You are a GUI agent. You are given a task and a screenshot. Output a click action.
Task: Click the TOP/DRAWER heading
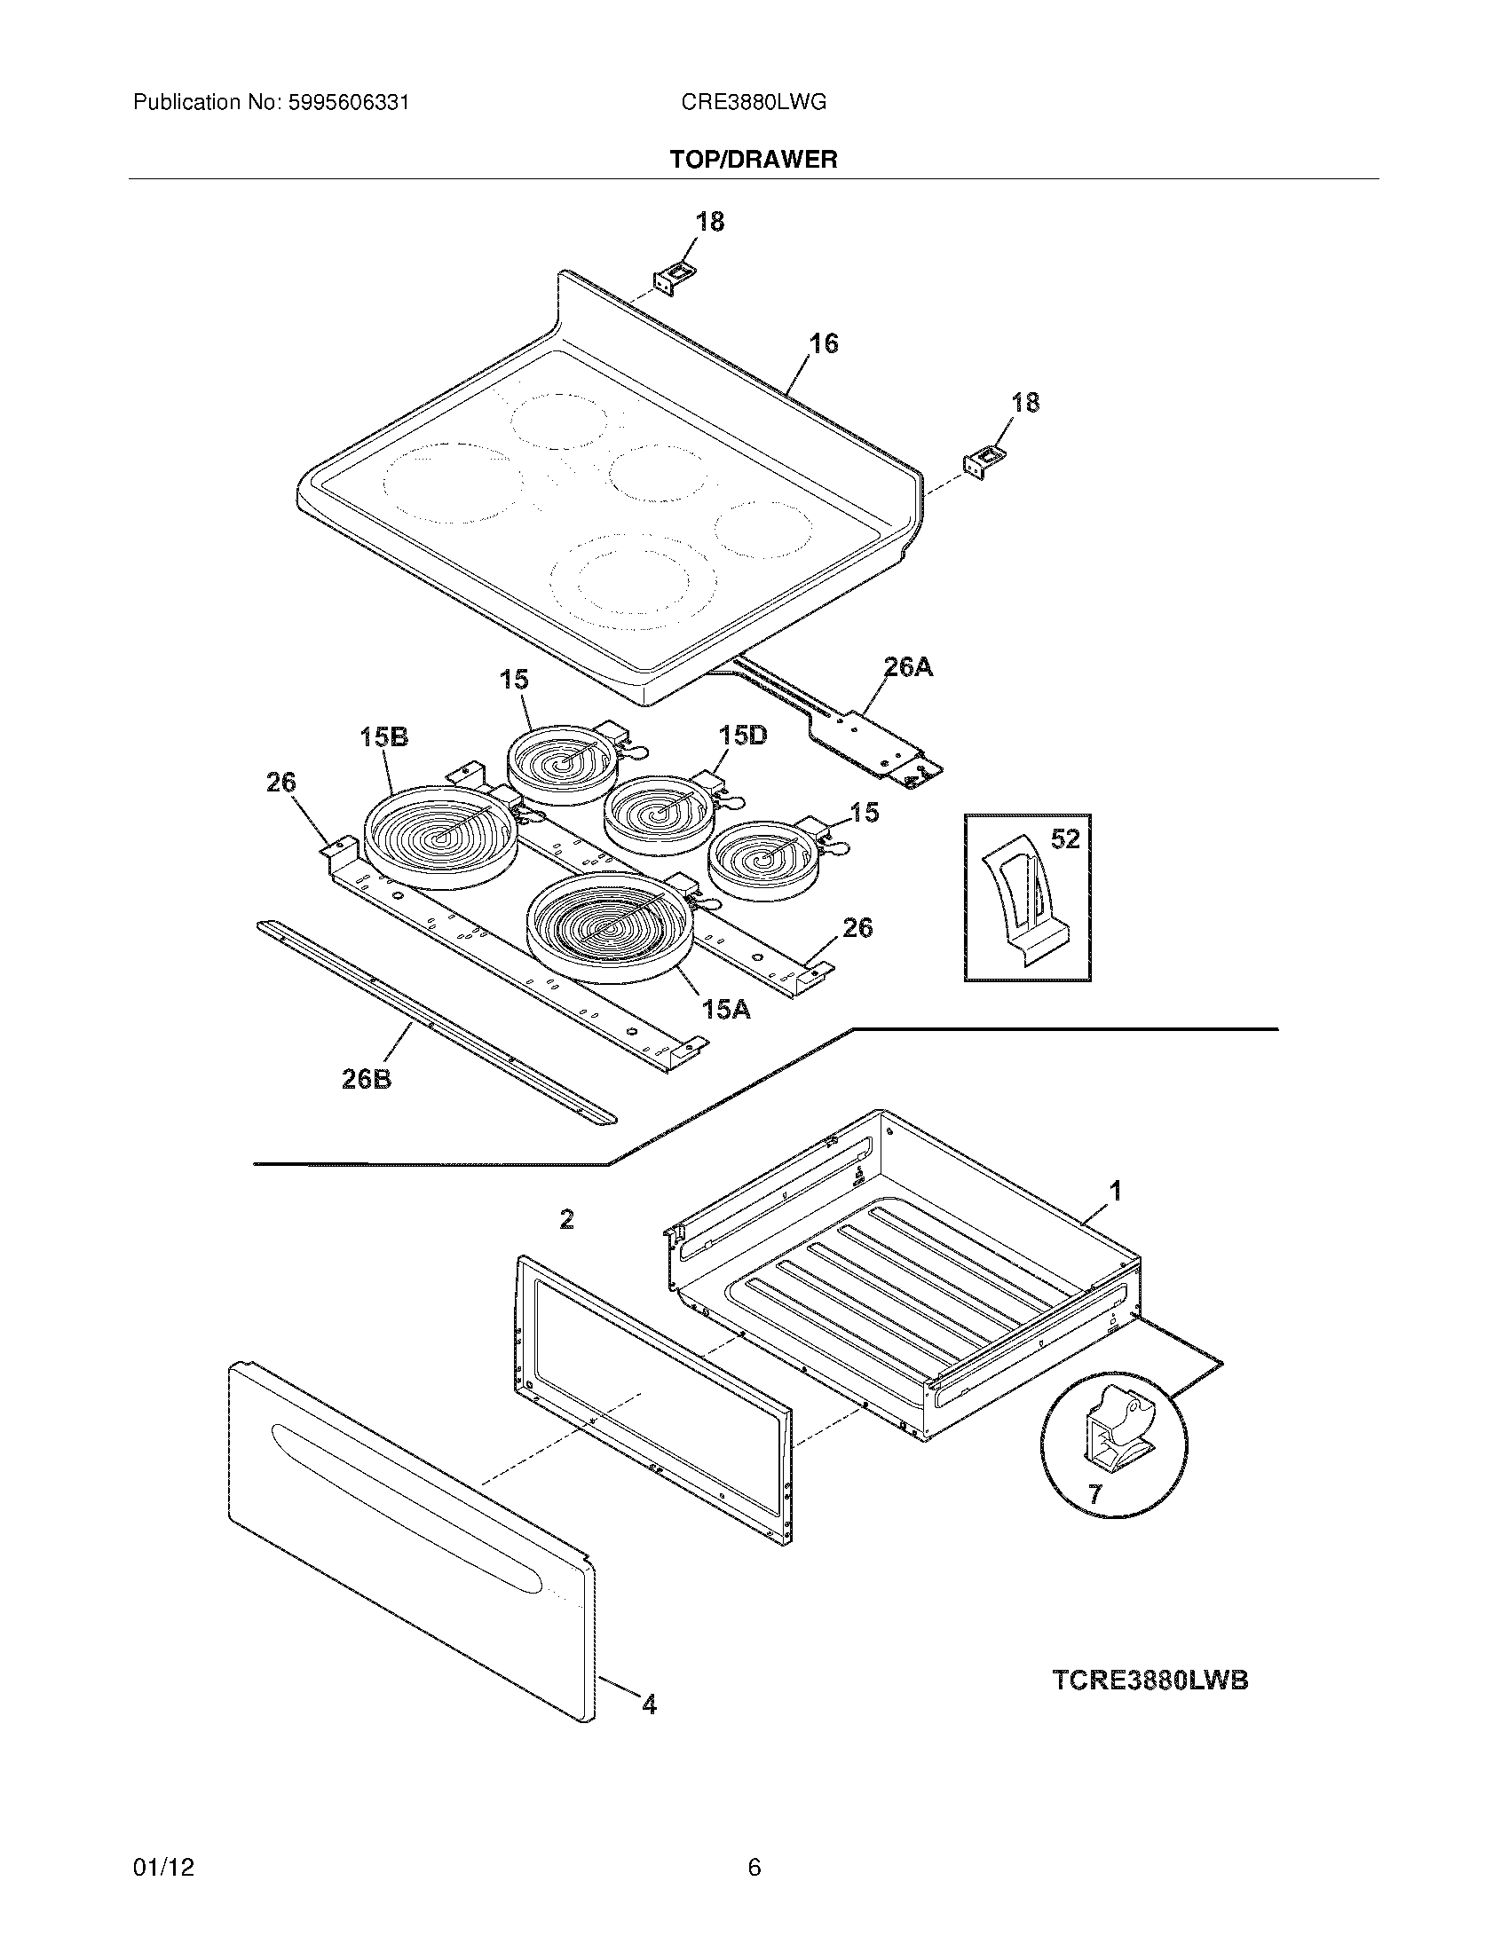tap(754, 160)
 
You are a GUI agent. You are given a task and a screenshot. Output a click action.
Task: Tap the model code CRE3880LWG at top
tap(753, 103)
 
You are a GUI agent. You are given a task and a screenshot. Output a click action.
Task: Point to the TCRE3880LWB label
tap(1149, 1680)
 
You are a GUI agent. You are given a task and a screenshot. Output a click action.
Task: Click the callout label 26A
tap(908, 666)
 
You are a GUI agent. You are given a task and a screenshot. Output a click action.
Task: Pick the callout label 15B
tap(384, 736)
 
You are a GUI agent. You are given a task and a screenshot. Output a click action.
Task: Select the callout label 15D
tap(742, 736)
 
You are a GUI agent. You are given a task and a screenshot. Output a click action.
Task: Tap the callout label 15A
tap(725, 1010)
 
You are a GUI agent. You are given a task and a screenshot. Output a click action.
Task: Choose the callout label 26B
tap(367, 1079)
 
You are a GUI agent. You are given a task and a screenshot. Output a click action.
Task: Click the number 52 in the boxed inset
tap(1065, 838)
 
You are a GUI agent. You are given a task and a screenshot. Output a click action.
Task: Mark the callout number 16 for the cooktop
tap(824, 343)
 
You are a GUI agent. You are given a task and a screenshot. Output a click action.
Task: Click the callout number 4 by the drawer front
tap(649, 1705)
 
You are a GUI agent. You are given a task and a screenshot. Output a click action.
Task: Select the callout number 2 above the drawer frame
tap(567, 1219)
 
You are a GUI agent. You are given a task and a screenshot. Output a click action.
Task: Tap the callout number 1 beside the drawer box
tap(1115, 1191)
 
